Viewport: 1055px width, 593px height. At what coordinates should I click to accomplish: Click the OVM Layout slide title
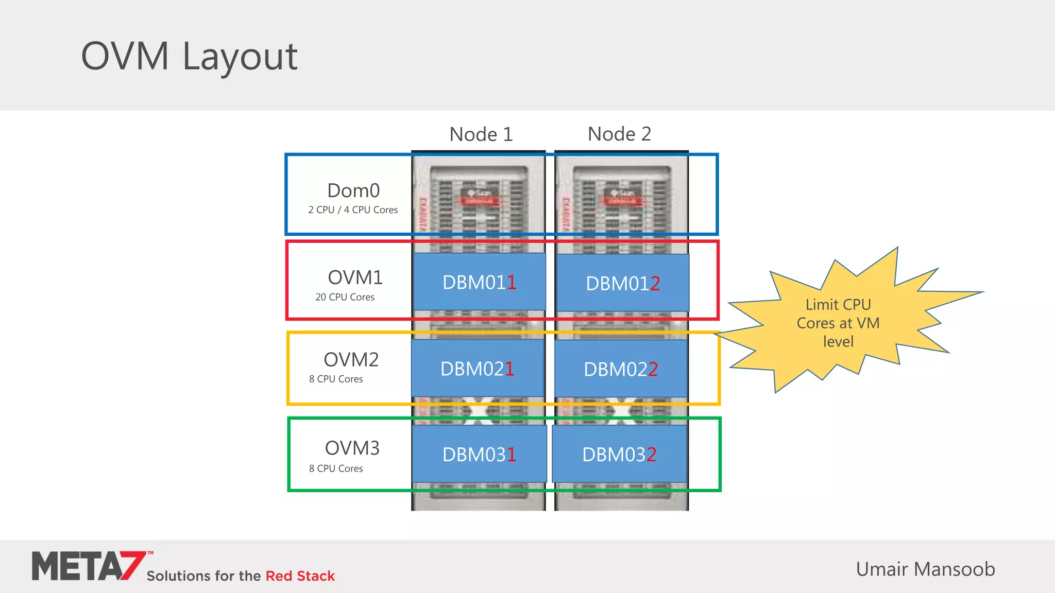(189, 56)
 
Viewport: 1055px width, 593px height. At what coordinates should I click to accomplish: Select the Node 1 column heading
(481, 134)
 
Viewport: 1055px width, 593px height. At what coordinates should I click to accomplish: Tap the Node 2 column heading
(619, 134)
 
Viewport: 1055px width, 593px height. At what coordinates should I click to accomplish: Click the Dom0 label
(353, 190)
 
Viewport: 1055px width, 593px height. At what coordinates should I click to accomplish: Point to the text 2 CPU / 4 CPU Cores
(353, 210)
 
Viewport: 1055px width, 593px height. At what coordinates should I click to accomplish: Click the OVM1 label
(355, 277)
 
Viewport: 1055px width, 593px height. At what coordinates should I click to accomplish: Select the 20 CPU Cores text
(345, 297)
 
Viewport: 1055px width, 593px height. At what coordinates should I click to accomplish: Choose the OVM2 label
(351, 359)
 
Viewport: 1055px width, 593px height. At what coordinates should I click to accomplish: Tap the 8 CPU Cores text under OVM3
(336, 468)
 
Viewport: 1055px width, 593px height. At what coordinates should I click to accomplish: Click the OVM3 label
(352, 448)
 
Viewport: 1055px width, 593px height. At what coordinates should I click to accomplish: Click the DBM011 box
(479, 282)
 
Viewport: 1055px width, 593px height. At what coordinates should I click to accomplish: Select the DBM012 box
(622, 283)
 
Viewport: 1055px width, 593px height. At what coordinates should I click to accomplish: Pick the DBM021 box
(477, 369)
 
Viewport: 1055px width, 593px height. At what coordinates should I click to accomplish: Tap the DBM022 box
(620, 369)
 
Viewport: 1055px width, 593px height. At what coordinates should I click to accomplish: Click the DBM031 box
(479, 454)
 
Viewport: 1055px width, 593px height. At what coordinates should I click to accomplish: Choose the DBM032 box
(619, 454)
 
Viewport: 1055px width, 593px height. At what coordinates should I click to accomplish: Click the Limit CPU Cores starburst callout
(838, 323)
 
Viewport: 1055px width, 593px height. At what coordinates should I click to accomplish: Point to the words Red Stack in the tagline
(300, 575)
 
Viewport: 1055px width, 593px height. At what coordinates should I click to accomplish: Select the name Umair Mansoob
(925, 569)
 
